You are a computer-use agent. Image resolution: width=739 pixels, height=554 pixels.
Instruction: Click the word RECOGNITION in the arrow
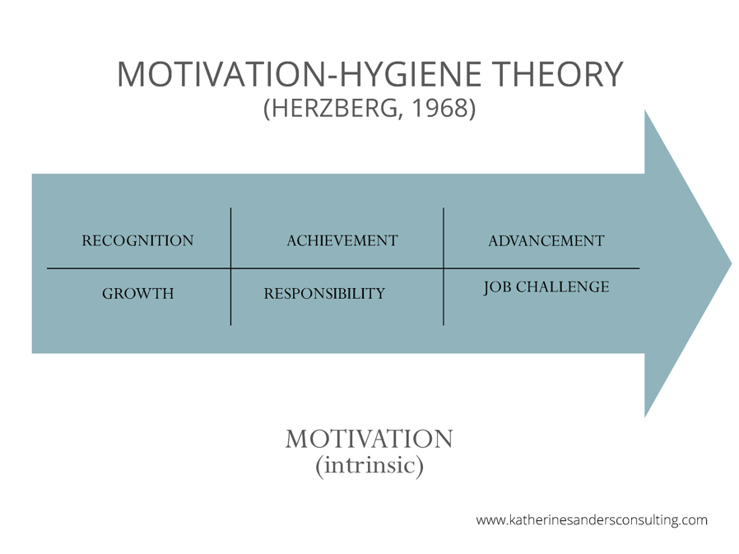tap(137, 240)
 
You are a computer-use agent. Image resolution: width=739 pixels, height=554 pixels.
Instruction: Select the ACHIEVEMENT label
tap(342, 240)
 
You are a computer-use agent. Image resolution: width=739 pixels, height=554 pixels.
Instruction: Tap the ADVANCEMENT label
tap(546, 241)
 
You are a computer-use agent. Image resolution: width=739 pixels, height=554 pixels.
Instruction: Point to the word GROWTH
tap(137, 293)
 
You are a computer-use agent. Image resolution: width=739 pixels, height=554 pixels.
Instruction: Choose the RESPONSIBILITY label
tap(324, 293)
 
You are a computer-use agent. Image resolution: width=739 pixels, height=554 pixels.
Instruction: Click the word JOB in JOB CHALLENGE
tap(497, 287)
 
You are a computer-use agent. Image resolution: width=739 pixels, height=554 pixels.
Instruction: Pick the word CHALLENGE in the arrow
tap(562, 286)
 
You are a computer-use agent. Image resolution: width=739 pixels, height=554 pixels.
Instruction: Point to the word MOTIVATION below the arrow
tap(369, 439)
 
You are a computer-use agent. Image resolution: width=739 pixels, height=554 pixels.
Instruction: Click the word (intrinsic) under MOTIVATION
tap(369, 465)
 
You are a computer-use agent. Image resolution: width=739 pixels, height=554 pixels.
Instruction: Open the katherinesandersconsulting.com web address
tap(592, 520)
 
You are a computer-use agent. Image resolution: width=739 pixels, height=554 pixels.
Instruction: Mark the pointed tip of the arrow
tap(732, 263)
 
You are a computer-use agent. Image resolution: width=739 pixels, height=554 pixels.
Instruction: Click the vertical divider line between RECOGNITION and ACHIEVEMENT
tap(231, 267)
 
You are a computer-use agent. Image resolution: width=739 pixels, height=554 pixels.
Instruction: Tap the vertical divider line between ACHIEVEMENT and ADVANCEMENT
tap(444, 267)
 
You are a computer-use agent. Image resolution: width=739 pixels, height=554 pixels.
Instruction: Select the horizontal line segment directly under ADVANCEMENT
tap(541, 268)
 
